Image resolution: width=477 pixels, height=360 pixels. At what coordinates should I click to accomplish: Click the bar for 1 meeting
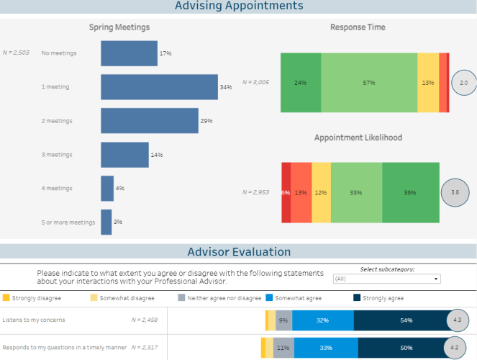[159, 87]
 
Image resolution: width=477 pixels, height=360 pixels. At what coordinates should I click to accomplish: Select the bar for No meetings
[129, 53]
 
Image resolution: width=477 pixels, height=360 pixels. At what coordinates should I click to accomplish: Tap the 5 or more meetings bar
[106, 222]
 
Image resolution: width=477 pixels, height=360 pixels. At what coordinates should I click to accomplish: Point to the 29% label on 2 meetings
[206, 121]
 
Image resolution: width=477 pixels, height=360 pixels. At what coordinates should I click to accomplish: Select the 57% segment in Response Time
[369, 83]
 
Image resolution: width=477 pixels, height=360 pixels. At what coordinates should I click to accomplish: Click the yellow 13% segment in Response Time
[428, 83]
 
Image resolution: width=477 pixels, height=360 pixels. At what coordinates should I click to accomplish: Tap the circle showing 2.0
[463, 84]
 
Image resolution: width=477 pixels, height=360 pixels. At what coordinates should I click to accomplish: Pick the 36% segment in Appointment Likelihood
[410, 192]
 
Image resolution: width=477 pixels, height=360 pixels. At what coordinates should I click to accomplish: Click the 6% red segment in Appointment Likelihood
[286, 192]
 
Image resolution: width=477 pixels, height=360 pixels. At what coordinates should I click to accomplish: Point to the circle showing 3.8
[453, 193]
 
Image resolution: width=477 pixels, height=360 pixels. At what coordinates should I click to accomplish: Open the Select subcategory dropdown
[387, 279]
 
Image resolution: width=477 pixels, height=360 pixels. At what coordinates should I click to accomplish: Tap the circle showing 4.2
[455, 348]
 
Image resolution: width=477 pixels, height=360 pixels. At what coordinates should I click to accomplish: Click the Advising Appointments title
[239, 6]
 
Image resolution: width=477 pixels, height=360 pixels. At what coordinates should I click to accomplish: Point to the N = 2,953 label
[256, 192]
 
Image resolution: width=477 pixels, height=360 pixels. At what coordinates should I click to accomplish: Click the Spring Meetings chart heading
[119, 27]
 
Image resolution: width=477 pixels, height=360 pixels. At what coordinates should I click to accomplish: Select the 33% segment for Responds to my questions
[326, 348]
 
